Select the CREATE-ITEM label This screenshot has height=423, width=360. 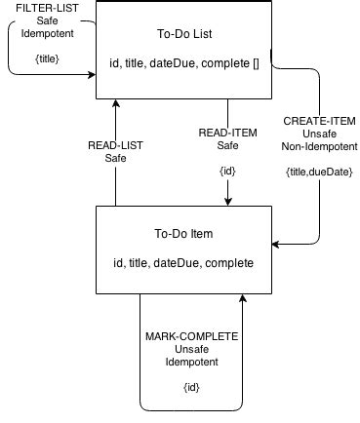[x=319, y=122]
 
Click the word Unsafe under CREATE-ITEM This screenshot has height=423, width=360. [x=319, y=135]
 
